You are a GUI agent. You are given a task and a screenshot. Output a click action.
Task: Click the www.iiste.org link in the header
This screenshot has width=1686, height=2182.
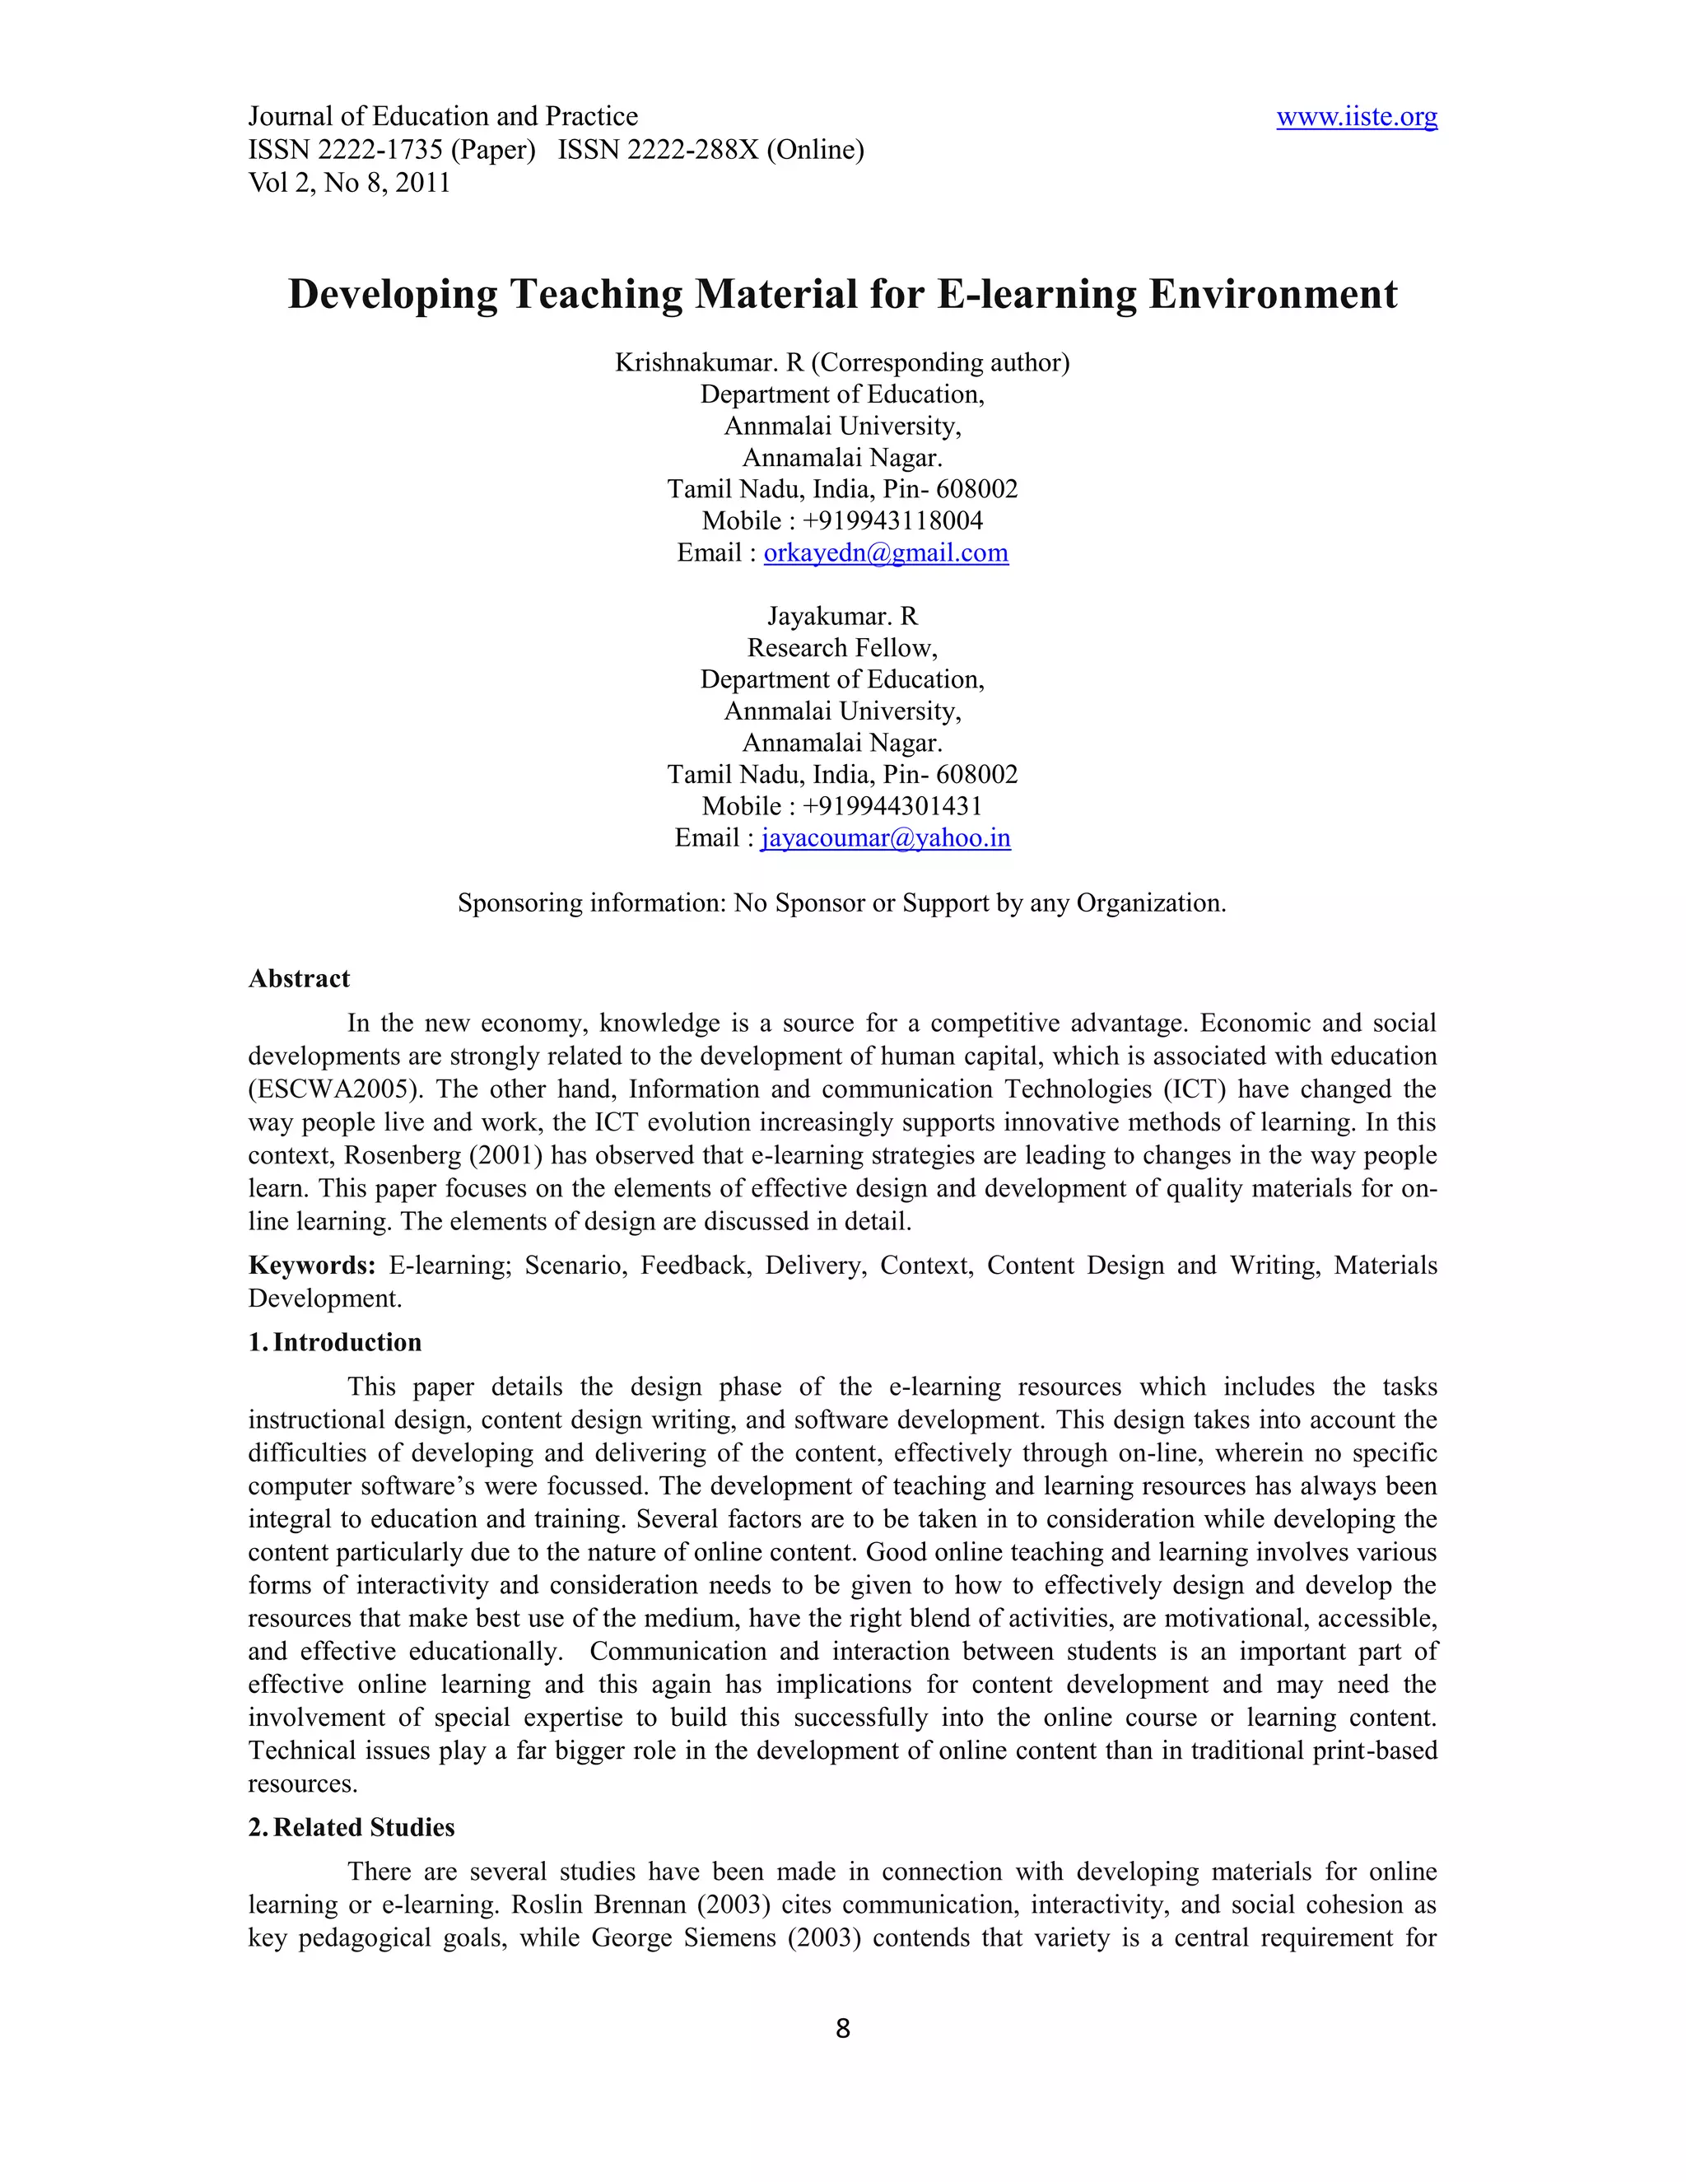1357,117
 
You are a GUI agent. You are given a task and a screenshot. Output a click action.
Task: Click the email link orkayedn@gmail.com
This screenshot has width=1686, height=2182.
885,552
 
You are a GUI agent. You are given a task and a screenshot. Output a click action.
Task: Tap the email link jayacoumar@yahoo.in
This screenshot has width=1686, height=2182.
885,837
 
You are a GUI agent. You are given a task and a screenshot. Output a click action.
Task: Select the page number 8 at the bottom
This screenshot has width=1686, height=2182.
842,2028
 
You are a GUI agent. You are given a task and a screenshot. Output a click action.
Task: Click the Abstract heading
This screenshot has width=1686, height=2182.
299,978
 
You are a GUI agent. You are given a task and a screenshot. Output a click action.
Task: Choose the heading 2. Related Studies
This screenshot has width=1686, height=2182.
352,1826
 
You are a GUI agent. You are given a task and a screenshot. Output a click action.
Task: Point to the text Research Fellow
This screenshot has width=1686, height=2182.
842,647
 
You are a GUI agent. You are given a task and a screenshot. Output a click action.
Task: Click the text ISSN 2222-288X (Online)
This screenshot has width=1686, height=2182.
710,150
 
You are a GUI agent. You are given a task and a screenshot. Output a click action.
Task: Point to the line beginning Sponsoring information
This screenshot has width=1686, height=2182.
842,902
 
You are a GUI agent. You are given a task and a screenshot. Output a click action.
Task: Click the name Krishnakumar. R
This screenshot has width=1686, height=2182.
708,361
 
